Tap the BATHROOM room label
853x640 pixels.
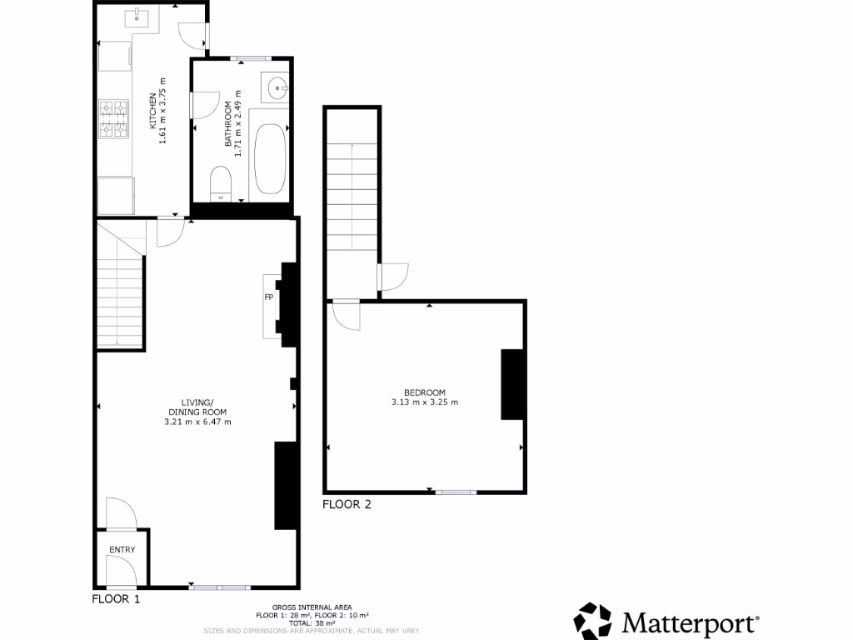227,124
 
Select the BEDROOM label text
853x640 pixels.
425,392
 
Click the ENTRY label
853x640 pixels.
122,550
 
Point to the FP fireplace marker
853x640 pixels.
269,297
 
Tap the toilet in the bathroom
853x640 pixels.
221,183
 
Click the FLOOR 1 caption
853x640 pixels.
116,598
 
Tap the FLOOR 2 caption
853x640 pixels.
347,504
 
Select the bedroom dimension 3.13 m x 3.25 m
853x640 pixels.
425,402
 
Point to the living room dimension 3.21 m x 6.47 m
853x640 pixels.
197,422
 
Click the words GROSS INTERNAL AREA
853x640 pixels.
312,607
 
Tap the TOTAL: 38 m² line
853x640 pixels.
312,622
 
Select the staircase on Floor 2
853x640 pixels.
352,200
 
